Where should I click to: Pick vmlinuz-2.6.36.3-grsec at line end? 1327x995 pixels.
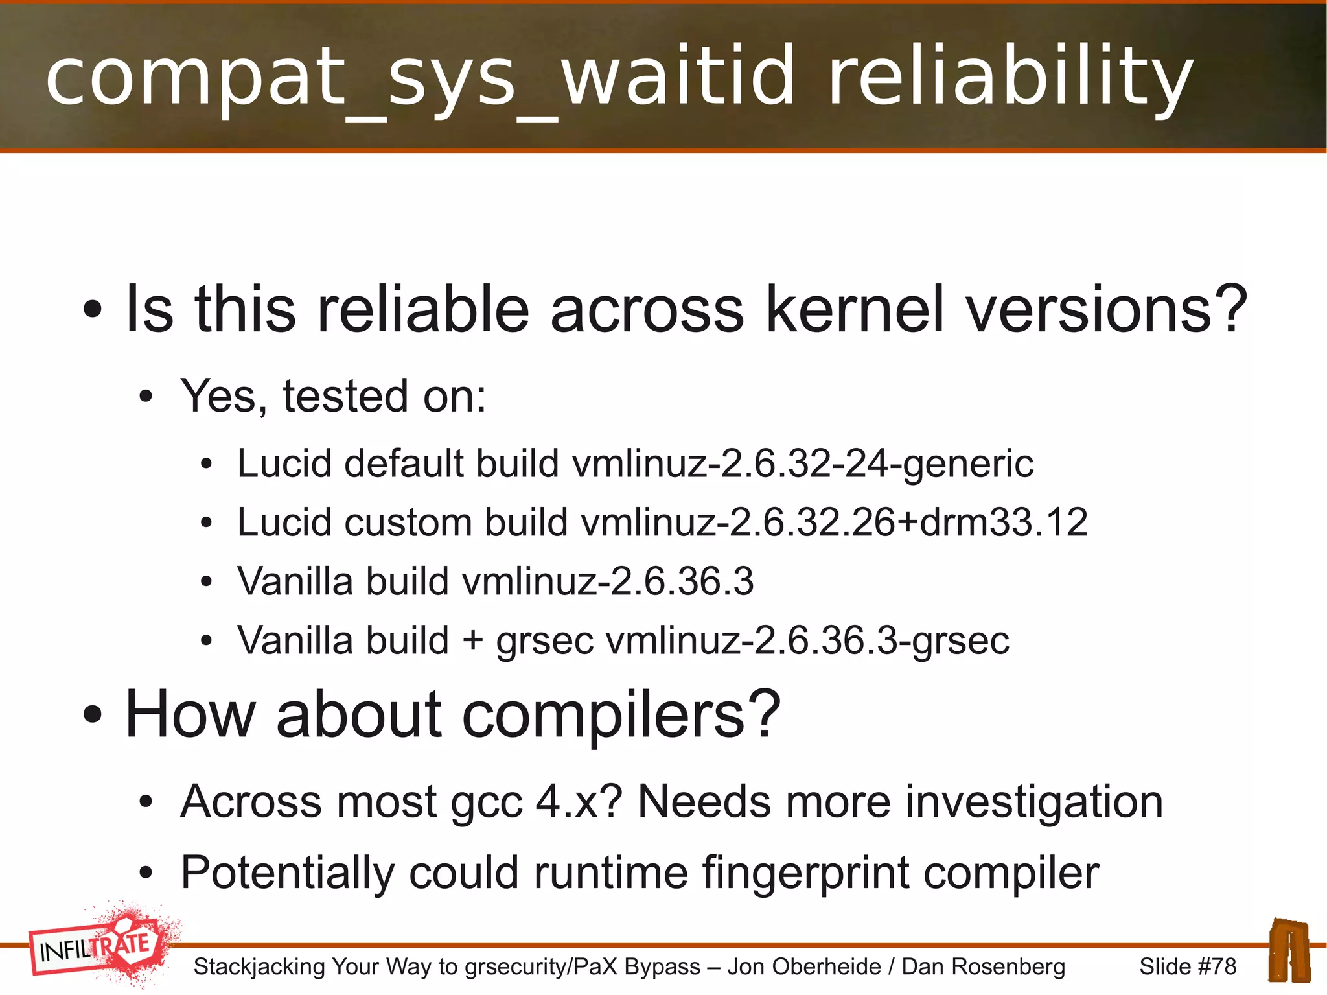807,640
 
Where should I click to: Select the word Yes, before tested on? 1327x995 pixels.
224,396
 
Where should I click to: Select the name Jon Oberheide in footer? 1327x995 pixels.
804,966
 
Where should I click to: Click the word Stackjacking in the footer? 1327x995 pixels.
259,966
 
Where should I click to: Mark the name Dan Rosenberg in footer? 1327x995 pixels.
983,966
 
